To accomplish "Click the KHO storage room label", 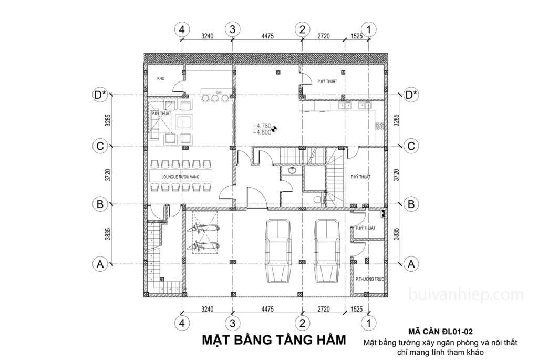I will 161,78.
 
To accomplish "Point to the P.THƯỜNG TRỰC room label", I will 370,279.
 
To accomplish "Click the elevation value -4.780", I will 262,126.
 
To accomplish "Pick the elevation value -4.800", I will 262,132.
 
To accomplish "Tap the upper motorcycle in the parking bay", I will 203,229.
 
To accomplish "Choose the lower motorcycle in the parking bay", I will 203,244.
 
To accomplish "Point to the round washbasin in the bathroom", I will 292,171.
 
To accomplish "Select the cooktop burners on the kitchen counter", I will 379,126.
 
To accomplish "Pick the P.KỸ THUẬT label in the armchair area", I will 161,113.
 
